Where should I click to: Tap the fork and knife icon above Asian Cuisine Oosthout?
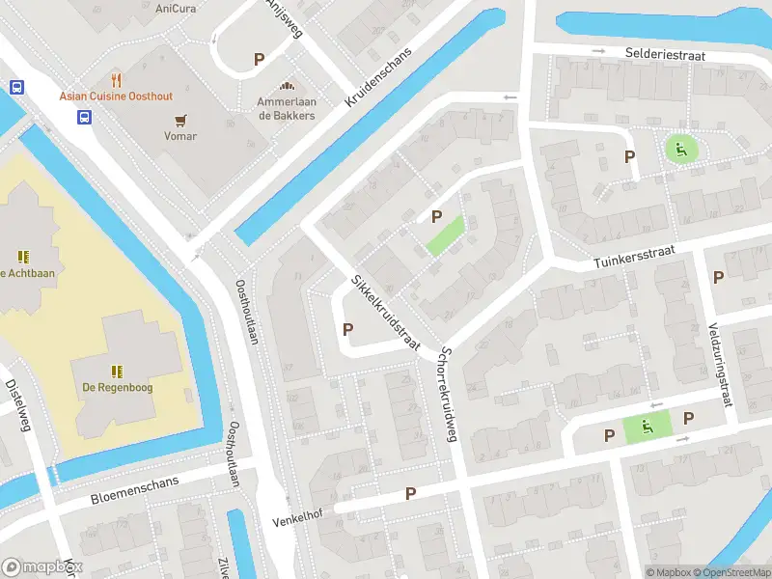(x=117, y=79)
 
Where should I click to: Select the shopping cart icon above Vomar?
(x=180, y=120)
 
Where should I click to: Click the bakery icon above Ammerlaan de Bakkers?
(x=286, y=86)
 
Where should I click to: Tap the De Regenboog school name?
(x=117, y=388)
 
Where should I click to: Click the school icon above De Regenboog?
(x=117, y=371)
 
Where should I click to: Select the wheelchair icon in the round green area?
(x=680, y=149)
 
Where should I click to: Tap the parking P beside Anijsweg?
(x=259, y=59)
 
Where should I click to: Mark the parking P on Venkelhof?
(x=410, y=493)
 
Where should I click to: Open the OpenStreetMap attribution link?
(x=730, y=572)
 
